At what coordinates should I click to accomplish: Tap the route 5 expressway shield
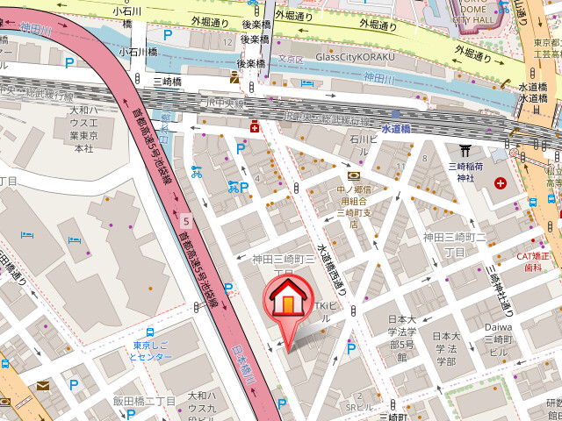[x=186, y=220]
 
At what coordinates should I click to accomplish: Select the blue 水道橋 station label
[x=396, y=129]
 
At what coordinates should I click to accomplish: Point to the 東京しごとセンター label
[x=149, y=352]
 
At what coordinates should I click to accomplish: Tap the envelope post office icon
[x=43, y=386]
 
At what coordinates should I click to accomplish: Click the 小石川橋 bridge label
[x=139, y=52]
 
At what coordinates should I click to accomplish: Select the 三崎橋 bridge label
[x=167, y=82]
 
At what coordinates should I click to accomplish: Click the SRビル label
[x=359, y=407]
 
